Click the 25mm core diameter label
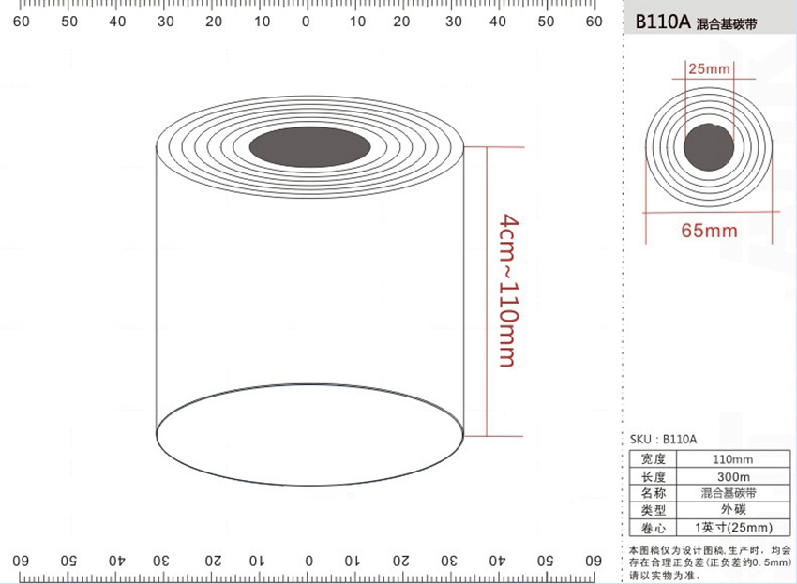click(x=709, y=68)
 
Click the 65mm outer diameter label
click(x=709, y=231)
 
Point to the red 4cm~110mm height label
click(x=509, y=291)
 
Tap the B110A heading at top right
click(x=663, y=22)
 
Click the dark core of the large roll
click(x=310, y=147)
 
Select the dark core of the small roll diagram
click(x=709, y=147)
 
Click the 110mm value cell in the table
click(x=732, y=459)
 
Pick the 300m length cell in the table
click(x=733, y=477)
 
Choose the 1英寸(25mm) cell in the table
click(x=733, y=527)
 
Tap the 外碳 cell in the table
click(x=733, y=509)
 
